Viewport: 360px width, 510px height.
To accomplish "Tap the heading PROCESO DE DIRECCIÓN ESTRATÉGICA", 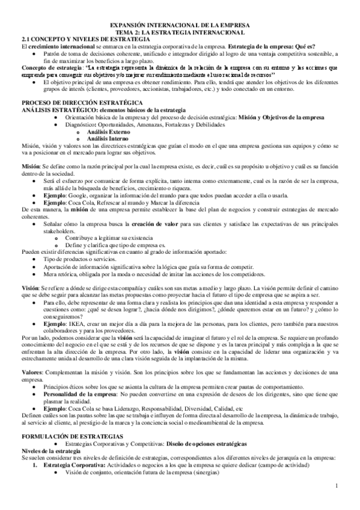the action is pyautogui.click(x=81, y=103).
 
